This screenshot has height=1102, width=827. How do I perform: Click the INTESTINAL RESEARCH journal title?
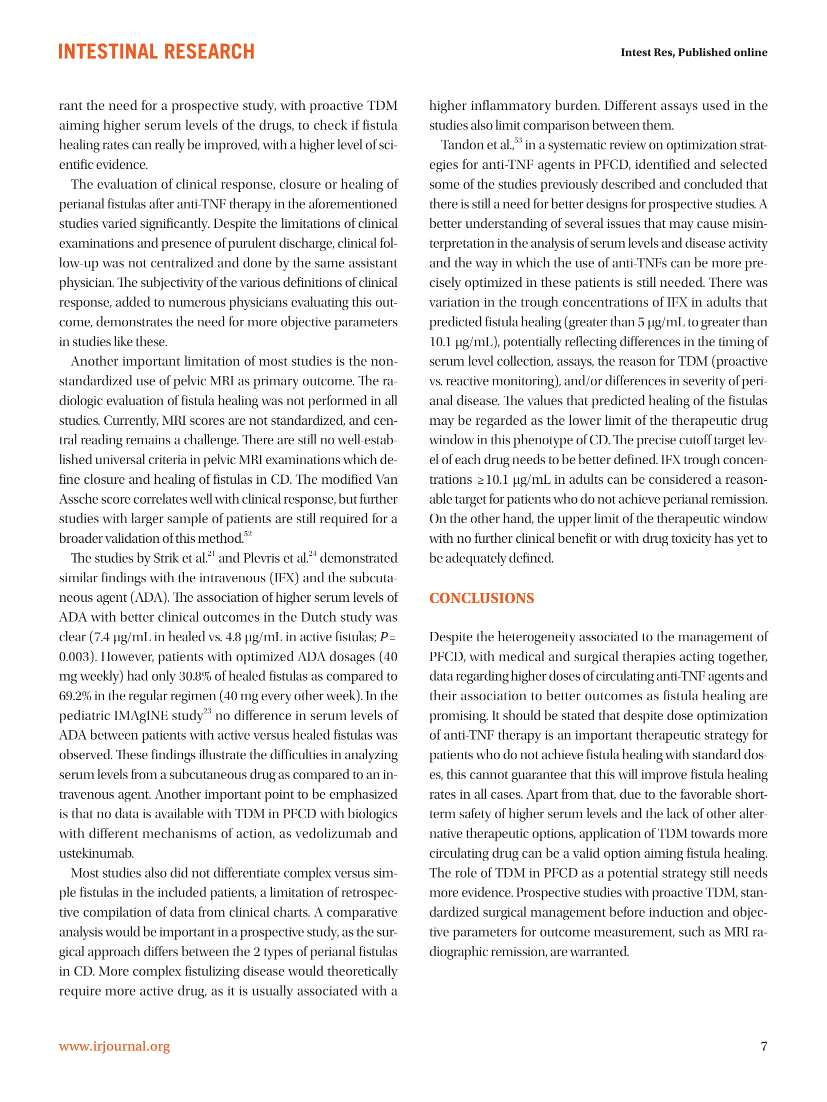click(x=156, y=51)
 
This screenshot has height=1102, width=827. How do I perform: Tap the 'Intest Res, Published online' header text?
click(x=693, y=52)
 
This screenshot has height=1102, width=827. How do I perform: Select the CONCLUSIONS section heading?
click(x=481, y=598)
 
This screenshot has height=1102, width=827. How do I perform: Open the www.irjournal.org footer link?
click(x=114, y=1046)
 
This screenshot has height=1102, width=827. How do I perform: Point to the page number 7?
click(x=763, y=1046)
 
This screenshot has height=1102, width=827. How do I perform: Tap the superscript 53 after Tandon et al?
click(x=518, y=141)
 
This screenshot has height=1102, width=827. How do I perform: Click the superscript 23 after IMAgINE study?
click(x=207, y=711)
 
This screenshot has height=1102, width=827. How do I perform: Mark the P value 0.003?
click(x=76, y=656)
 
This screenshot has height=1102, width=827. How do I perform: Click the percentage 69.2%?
click(x=75, y=696)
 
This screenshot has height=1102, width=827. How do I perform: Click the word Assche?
click(x=81, y=499)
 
